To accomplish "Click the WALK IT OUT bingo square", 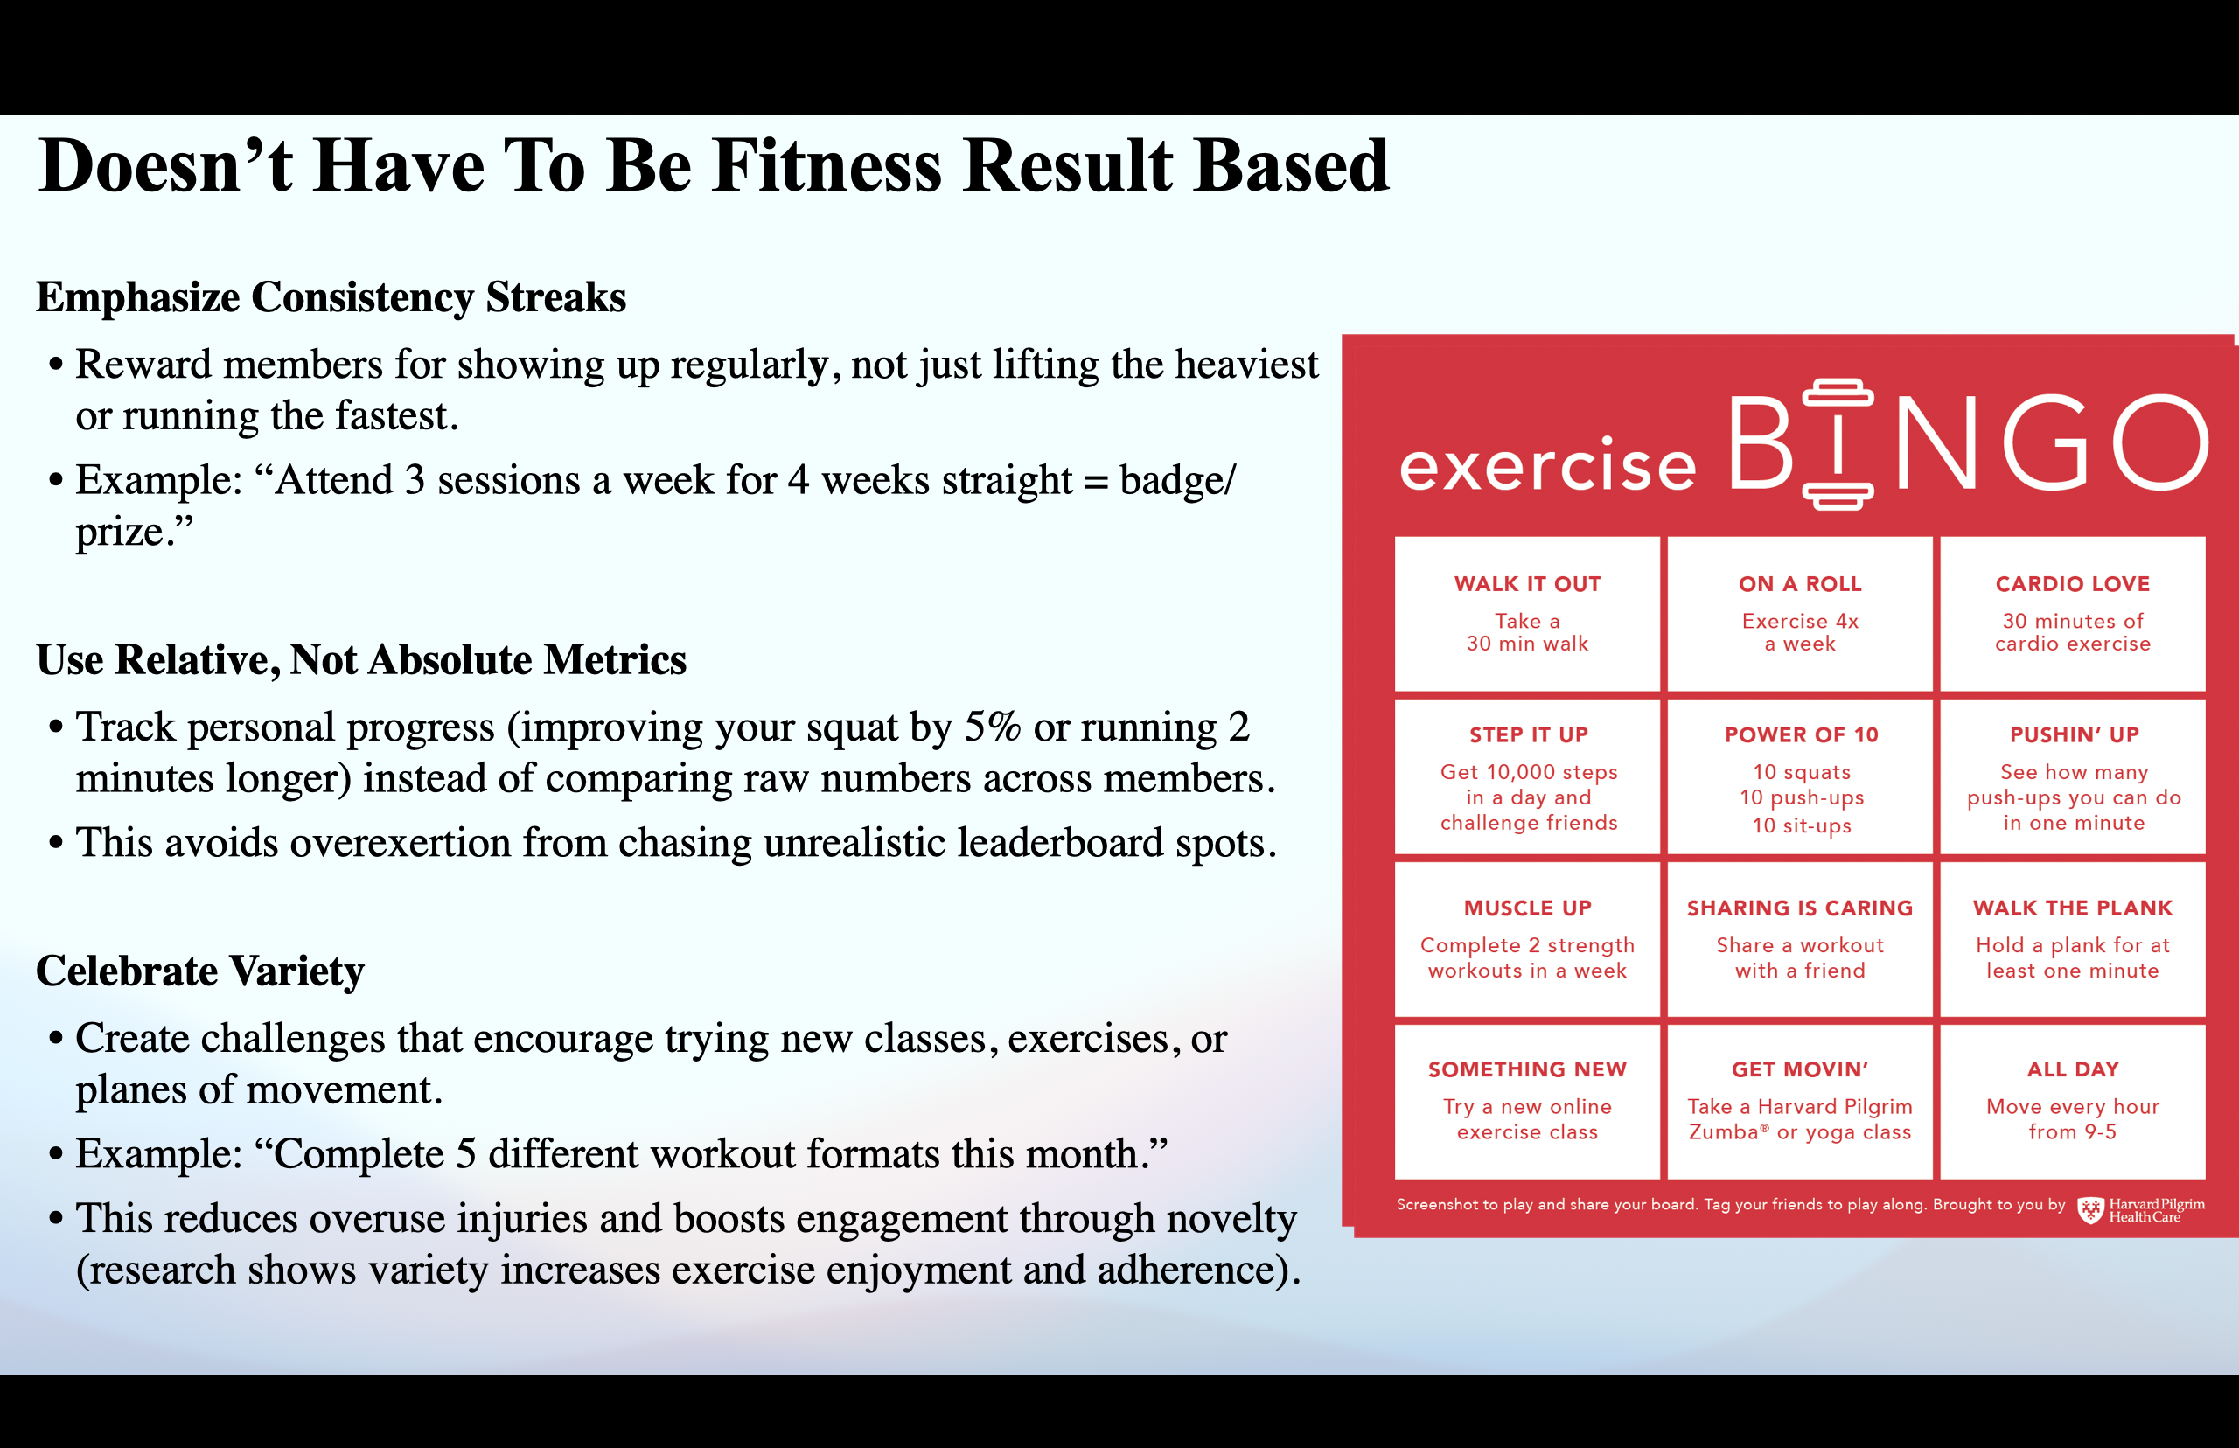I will tap(1526, 613).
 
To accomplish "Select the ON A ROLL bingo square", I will tap(1799, 613).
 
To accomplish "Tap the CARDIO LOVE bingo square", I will tap(2072, 613).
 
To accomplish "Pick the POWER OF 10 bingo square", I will tap(1800, 776).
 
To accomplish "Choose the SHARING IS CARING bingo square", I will tap(1799, 938).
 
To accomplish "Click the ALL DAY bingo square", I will tap(2072, 1100).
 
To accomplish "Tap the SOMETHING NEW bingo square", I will tap(1526, 1100).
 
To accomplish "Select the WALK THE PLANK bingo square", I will tap(2072, 938).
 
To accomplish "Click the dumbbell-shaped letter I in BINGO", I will tap(1838, 444).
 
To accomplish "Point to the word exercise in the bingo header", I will tap(1548, 465).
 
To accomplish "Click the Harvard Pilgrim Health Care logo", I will tap(2140, 1210).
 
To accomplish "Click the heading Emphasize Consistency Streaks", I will tap(331, 297).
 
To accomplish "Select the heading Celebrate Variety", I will tap(199, 971).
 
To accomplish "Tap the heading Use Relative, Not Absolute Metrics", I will tap(361, 659).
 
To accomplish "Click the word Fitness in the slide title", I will tap(826, 166).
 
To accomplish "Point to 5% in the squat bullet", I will tap(992, 727).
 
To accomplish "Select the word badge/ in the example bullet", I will tap(1177, 479).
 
